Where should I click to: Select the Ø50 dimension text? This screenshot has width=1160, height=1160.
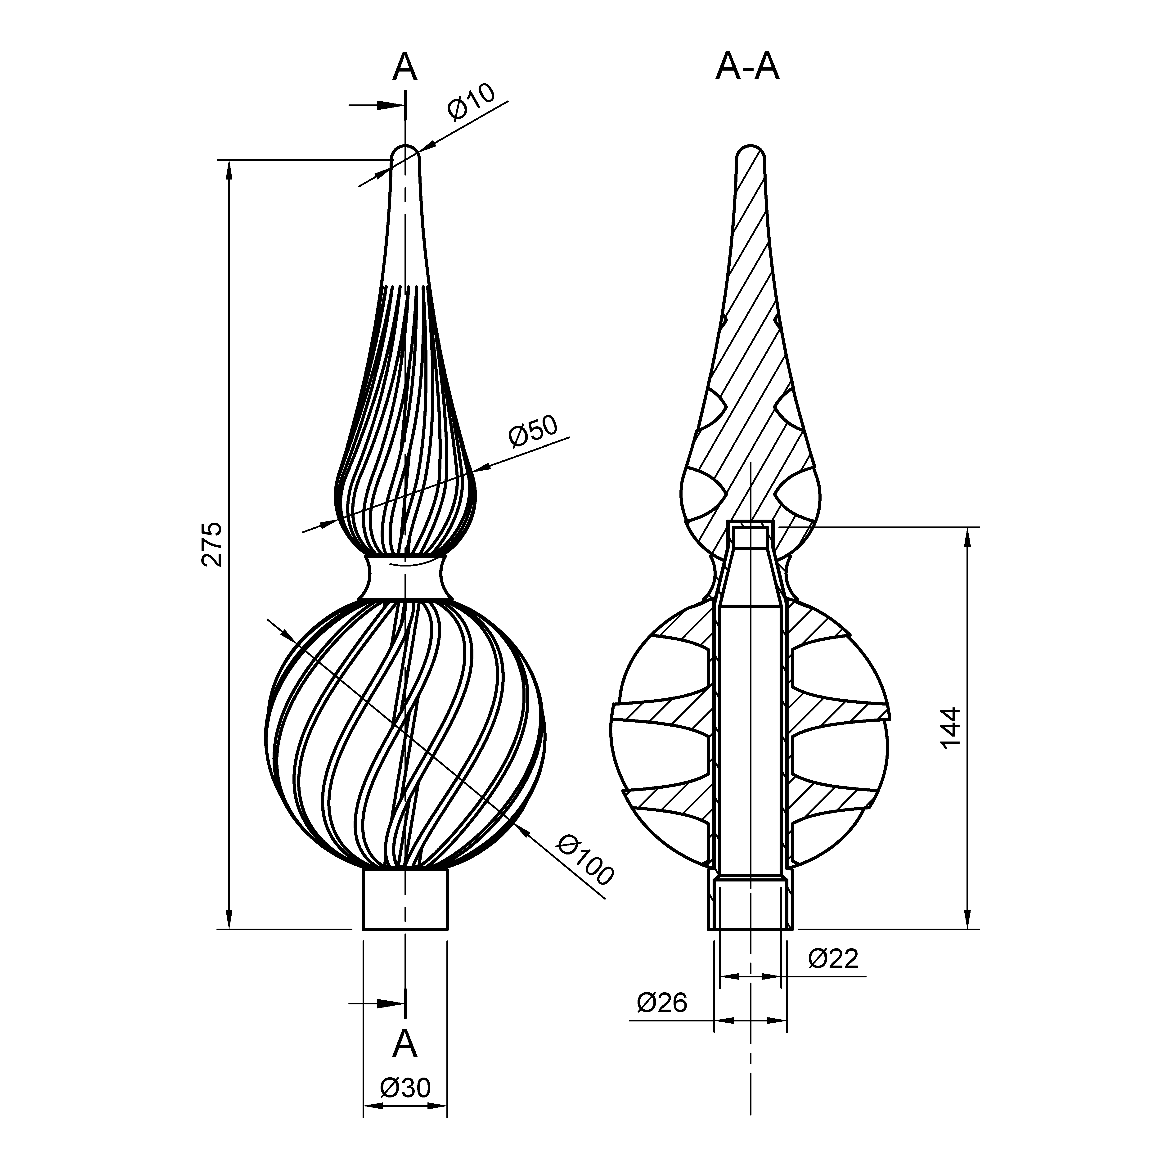[x=533, y=431]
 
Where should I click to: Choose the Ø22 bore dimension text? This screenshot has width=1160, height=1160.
[x=833, y=959]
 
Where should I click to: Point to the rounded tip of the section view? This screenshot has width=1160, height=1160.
[x=751, y=151]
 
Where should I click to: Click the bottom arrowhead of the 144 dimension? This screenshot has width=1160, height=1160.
[x=967, y=919]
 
